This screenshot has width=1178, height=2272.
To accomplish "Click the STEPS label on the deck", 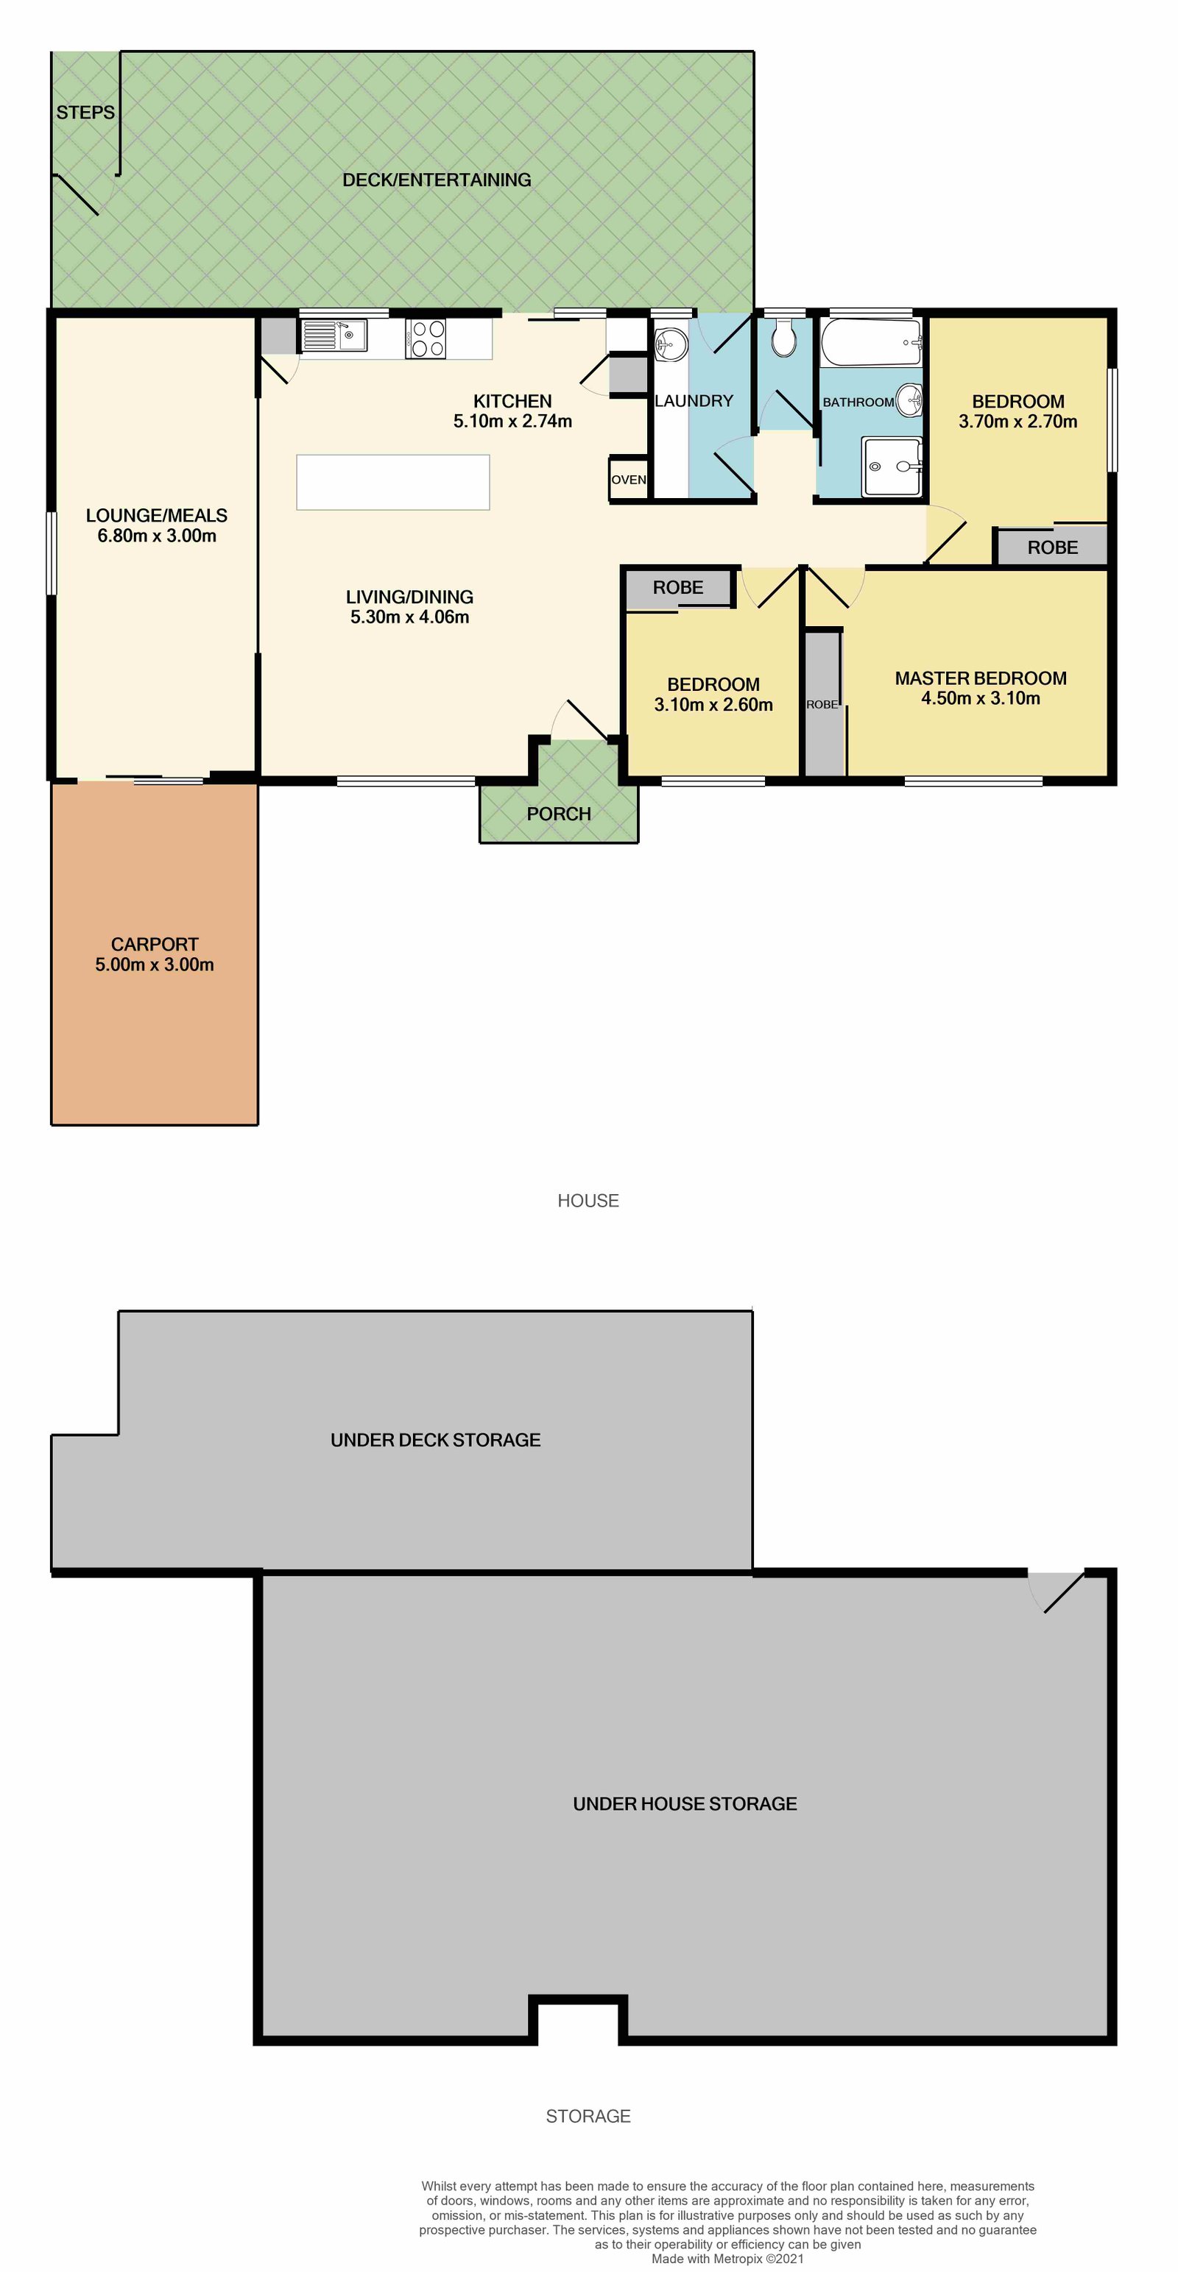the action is (85, 113).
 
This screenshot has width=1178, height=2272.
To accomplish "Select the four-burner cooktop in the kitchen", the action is (426, 338).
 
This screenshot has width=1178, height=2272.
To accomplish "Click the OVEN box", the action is (628, 480).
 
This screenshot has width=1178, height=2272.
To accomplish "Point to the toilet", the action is (783, 336).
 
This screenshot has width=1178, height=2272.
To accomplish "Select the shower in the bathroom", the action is (892, 466).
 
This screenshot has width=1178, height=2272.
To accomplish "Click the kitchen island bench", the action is (392, 482).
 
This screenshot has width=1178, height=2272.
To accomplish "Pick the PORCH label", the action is (559, 814).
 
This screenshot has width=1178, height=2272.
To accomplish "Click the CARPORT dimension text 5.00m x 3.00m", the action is (155, 965).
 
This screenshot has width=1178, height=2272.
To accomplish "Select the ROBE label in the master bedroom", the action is (822, 705).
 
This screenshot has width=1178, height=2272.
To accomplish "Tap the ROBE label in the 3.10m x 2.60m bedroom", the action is (677, 587).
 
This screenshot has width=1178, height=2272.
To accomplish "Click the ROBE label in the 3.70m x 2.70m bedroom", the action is (1053, 547).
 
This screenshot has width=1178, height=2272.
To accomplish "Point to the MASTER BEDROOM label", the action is (981, 678).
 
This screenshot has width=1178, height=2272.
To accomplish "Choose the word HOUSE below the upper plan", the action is (588, 1201).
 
